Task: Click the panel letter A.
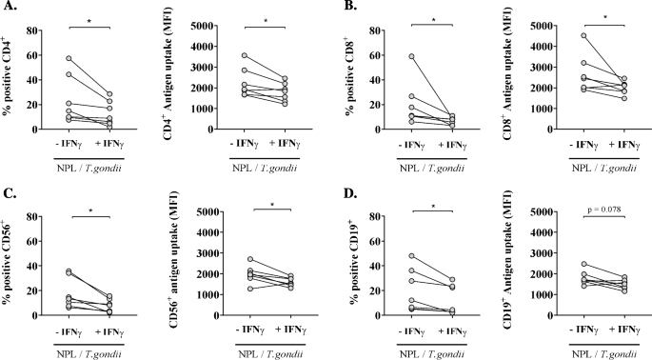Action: (x=10, y=12)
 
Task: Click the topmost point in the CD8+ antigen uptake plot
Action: (x=532, y=36)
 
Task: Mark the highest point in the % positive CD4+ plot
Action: (x=69, y=59)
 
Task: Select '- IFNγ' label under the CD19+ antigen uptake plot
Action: (x=535, y=330)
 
